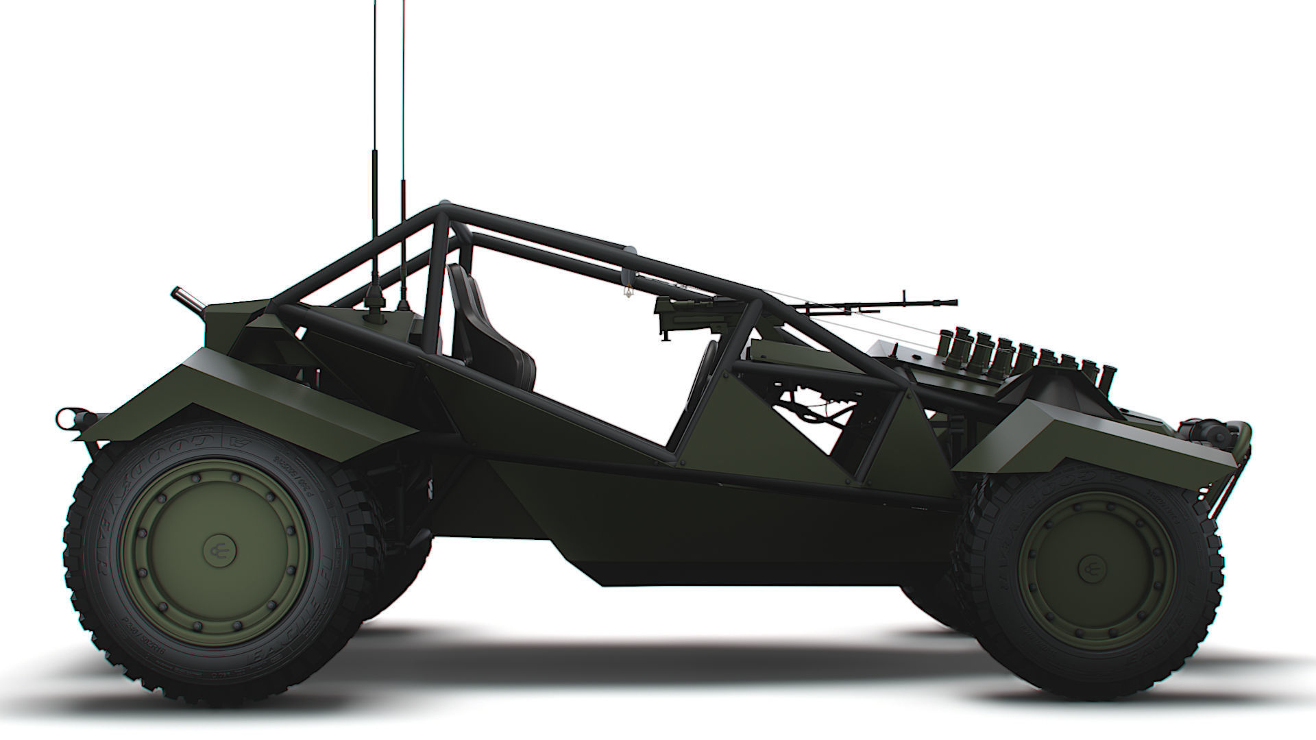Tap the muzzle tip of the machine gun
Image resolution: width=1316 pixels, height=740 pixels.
click(954, 300)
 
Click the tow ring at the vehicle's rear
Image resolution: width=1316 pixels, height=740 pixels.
click(67, 415)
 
